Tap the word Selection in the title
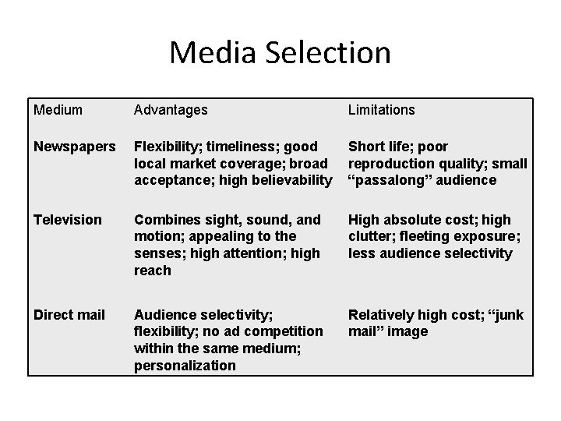click(x=326, y=53)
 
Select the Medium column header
click(x=58, y=110)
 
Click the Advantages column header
click(x=171, y=110)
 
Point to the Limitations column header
click(x=382, y=110)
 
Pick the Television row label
click(x=68, y=220)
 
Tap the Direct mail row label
click(x=69, y=315)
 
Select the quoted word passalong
click(x=393, y=180)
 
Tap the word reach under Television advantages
click(x=152, y=271)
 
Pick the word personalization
click(x=185, y=366)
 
